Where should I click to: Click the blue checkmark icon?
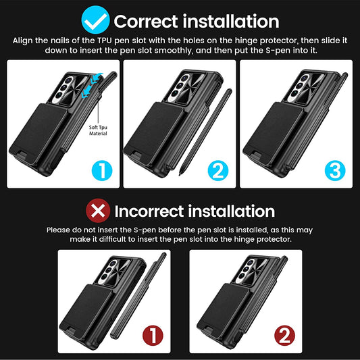pyautogui.click(x=95, y=20)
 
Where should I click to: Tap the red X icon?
pyautogui.click(x=98, y=211)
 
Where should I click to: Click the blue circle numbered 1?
pyautogui.click(x=102, y=171)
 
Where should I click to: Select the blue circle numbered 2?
pyautogui.click(x=218, y=171)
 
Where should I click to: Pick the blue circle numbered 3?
pyautogui.click(x=335, y=171)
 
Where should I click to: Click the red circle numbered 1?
pyautogui.click(x=153, y=336)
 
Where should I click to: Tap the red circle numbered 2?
pyautogui.click(x=284, y=336)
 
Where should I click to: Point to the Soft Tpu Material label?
pyautogui.click(x=98, y=130)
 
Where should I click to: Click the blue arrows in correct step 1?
pyautogui.click(x=92, y=85)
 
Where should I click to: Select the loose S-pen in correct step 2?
pyautogui.click(x=205, y=132)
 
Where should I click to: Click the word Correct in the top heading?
pyautogui.click(x=146, y=22)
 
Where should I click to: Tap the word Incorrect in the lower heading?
pyautogui.click(x=149, y=211)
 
